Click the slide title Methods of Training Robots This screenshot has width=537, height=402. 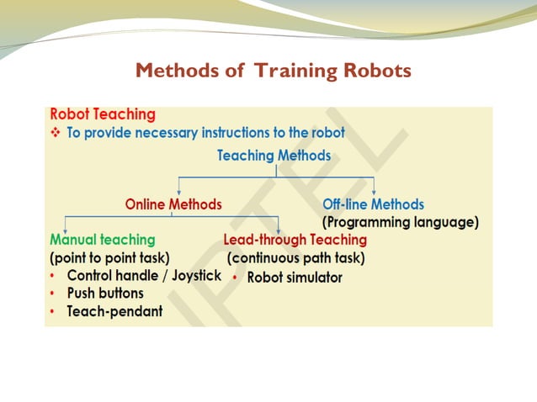pyautogui.click(x=273, y=71)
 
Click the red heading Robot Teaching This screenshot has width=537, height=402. pyautogui.click(x=103, y=114)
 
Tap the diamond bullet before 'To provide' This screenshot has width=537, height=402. pyautogui.click(x=56, y=134)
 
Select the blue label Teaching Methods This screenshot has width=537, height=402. pyautogui.click(x=274, y=156)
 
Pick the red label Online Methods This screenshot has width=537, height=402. pyautogui.click(x=173, y=204)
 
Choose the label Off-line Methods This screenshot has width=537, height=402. pyautogui.click(x=373, y=204)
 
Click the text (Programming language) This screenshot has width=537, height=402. pyautogui.click(x=401, y=223)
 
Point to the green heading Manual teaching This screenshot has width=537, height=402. pyautogui.click(x=103, y=240)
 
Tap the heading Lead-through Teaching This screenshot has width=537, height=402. pyautogui.click(x=295, y=240)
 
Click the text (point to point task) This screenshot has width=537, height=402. pyautogui.click(x=109, y=257)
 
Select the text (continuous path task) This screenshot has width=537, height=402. pyautogui.click(x=296, y=257)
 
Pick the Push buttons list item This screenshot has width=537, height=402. pyautogui.click(x=105, y=294)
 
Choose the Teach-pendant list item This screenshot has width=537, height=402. pyautogui.click(x=114, y=312)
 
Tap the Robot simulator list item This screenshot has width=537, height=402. pyautogui.click(x=295, y=278)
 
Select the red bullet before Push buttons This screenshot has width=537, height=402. pyautogui.click(x=53, y=294)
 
